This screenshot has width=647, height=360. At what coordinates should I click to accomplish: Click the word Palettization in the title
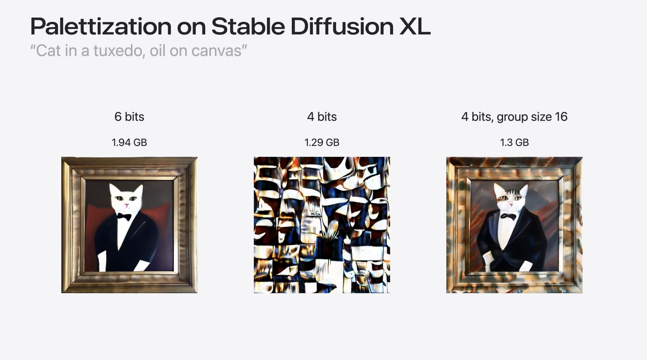101,27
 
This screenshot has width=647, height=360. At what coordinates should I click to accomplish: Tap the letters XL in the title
415,27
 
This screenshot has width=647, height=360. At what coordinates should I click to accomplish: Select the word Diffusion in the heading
342,26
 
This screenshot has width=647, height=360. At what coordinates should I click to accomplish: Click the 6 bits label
129,117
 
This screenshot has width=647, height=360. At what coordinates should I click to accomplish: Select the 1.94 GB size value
129,143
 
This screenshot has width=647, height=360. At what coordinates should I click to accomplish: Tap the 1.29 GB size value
322,143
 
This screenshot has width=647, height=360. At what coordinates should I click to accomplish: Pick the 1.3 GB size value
514,143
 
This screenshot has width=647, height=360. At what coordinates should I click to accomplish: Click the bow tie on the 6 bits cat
124,217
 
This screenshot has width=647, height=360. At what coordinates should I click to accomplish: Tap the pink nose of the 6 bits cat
127,206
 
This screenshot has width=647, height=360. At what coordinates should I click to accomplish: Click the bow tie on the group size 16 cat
508,216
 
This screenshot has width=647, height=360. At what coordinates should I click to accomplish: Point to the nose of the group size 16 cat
511,205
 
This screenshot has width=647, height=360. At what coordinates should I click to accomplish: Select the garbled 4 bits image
322,225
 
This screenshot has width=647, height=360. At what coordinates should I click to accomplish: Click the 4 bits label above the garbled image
322,117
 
